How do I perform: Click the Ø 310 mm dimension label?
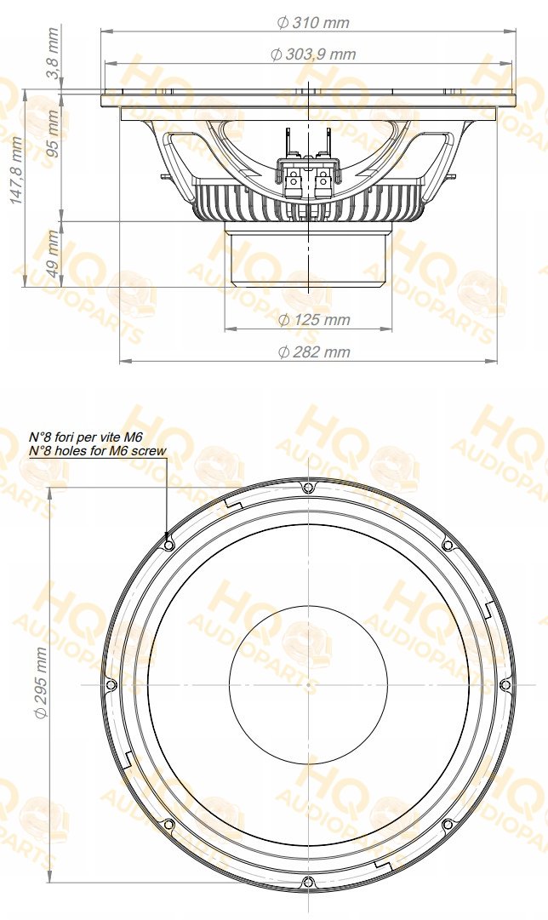[313, 23]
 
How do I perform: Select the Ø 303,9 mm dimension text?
[313, 54]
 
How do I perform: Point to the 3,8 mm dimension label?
[54, 60]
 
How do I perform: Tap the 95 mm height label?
[54, 133]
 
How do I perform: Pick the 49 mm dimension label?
[54, 254]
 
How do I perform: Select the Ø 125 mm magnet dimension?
[313, 320]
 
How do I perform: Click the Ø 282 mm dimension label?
[313, 352]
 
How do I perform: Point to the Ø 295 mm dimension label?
[41, 683]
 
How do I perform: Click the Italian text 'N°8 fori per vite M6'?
[86, 437]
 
